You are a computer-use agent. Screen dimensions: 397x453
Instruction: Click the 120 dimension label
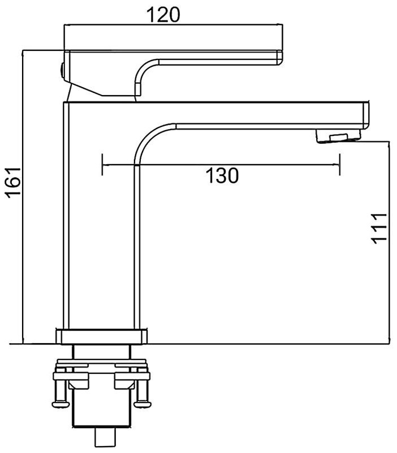pyautogui.click(x=163, y=15)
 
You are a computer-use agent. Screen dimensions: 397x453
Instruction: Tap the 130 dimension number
pyautogui.click(x=222, y=176)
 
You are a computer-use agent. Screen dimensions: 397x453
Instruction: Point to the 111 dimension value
pyautogui.click(x=378, y=229)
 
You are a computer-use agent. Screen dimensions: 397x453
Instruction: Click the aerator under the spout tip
pyautogui.click(x=338, y=136)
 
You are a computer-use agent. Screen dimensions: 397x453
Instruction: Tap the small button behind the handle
pyautogui.click(x=62, y=70)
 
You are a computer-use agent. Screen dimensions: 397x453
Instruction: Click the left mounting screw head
pyautogui.click(x=61, y=403)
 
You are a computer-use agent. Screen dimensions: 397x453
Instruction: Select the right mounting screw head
pyautogui.click(x=143, y=403)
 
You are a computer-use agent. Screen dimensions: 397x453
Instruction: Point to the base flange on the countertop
pyautogui.click(x=102, y=336)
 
